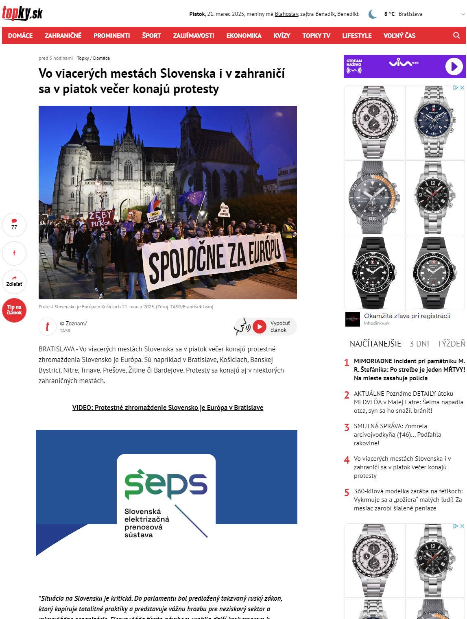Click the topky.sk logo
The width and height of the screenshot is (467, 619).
(x=22, y=13)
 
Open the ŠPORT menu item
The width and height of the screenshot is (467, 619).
(x=151, y=35)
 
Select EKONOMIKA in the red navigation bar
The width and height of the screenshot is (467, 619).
(x=244, y=35)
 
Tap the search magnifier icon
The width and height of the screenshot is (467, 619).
(x=456, y=35)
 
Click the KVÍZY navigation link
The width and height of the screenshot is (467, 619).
(x=282, y=35)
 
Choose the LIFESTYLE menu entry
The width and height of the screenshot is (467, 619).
(x=357, y=35)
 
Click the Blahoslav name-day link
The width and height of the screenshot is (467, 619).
(x=286, y=14)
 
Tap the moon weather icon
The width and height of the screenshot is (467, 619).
(x=372, y=14)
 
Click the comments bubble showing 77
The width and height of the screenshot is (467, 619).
(x=14, y=224)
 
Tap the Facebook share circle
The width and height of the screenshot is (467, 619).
(x=14, y=253)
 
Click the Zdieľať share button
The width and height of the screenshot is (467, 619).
(x=14, y=281)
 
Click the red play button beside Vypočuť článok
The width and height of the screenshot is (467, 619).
(x=259, y=326)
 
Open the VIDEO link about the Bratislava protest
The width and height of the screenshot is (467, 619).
(x=168, y=408)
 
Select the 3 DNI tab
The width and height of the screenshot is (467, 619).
(x=419, y=344)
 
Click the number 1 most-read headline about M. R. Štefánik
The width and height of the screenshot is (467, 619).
(x=409, y=369)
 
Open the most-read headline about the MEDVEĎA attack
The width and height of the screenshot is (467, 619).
(x=408, y=402)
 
